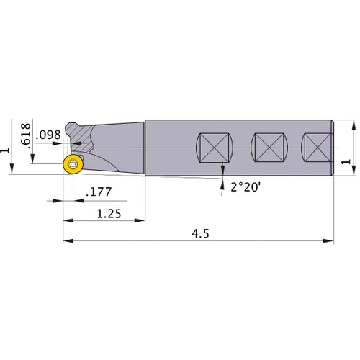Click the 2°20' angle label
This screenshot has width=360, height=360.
[x=245, y=186]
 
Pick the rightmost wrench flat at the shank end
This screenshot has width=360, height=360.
[x=318, y=150]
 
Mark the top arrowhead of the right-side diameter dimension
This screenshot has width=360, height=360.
[x=353, y=123]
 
